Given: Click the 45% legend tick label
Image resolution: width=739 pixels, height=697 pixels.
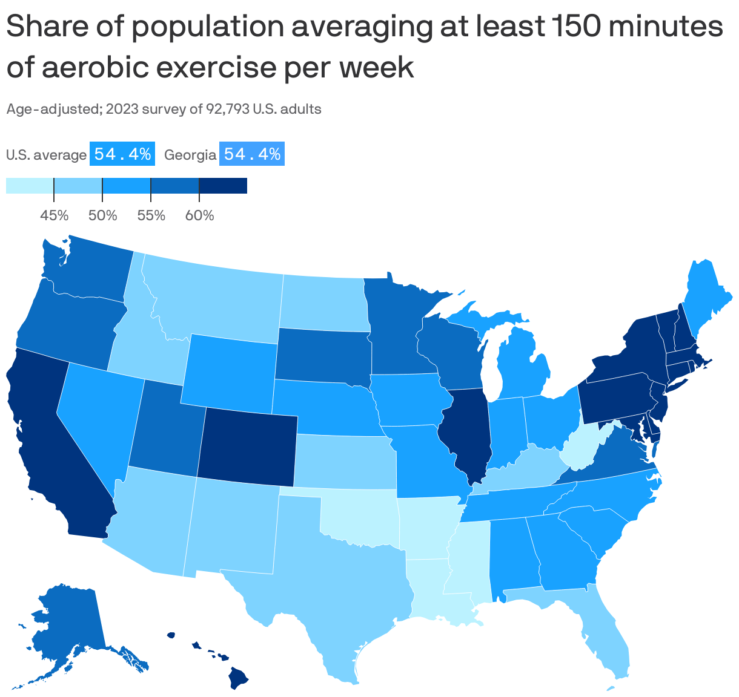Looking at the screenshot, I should click(x=54, y=215).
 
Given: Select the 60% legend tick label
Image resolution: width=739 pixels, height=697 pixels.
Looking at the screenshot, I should click(x=199, y=215).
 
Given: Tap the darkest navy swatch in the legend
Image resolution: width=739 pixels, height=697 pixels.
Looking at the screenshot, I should click(x=223, y=185).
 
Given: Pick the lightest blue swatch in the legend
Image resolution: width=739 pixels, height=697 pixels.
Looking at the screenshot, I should click(x=30, y=185).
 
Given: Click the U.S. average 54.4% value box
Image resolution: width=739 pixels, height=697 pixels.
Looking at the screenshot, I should click(x=123, y=154).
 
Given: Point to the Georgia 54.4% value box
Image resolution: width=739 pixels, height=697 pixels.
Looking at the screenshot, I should click(x=252, y=154).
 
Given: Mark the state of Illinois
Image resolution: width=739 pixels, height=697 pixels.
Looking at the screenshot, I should click(x=466, y=429).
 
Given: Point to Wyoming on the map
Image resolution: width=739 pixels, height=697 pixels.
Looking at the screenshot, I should click(x=230, y=370).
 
